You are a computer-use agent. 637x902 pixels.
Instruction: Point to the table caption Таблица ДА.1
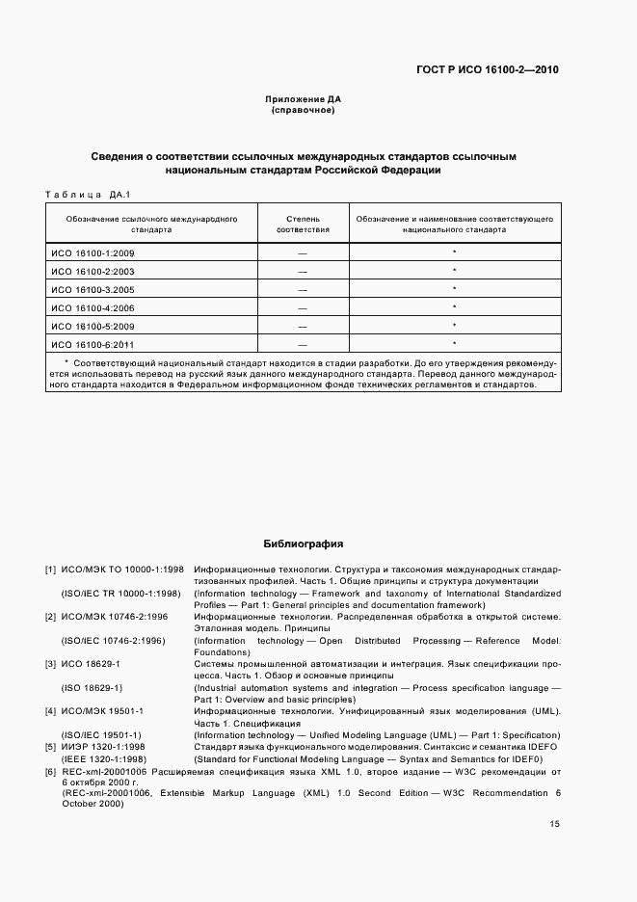pos(88,194)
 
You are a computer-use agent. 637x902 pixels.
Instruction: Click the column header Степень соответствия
pos(303,225)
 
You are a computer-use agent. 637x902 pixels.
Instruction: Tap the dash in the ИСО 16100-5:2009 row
pos(303,326)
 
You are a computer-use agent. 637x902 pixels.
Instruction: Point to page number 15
pos(554,824)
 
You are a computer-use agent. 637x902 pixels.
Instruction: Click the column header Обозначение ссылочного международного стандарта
pos(152,225)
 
